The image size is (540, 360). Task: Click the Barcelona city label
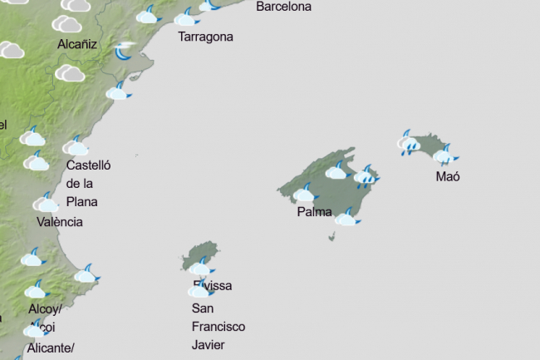tap(283, 7)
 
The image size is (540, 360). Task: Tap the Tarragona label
tap(205, 37)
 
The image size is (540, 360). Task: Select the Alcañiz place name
tap(78, 45)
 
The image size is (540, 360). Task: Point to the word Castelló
tap(89, 165)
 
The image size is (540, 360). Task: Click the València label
tap(60, 222)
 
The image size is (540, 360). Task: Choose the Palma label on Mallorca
tap(314, 212)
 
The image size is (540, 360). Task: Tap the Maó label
tap(448, 176)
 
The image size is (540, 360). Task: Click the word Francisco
tap(218, 327)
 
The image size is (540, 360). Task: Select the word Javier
tap(208, 345)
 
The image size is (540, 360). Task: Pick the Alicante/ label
tap(51, 348)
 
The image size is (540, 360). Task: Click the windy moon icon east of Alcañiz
tap(125, 52)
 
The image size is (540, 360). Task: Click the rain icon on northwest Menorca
tap(409, 145)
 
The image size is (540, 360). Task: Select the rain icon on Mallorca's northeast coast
tap(366, 175)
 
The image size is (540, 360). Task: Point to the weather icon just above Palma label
tap(305, 194)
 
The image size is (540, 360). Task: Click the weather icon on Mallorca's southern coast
tap(347, 218)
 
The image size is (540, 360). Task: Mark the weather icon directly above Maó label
tap(445, 154)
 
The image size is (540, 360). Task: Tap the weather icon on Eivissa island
tap(201, 267)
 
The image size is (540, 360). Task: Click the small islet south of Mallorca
tap(332, 237)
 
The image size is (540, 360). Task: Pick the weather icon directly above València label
tap(47, 202)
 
